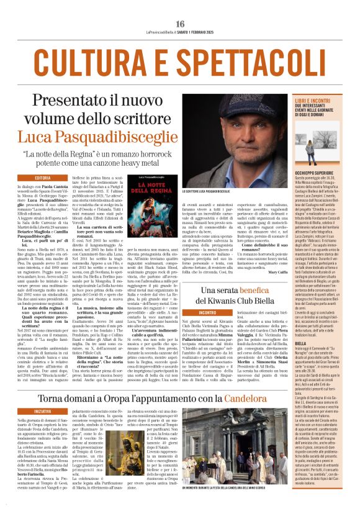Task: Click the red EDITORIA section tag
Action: pos(43,178)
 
